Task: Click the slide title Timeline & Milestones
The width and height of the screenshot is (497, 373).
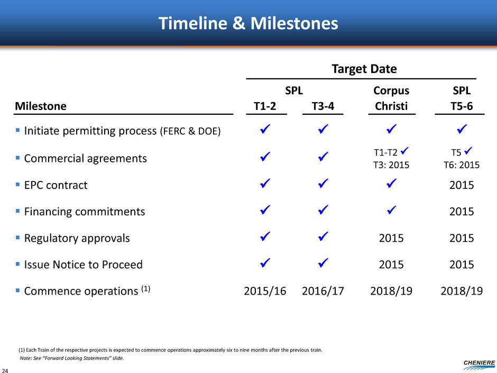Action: (x=248, y=23)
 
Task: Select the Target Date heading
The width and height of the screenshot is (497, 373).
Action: (x=364, y=69)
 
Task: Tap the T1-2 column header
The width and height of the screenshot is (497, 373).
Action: (x=265, y=106)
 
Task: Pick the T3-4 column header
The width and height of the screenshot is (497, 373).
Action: (x=323, y=106)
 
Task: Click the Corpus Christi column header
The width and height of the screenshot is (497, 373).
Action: (x=391, y=98)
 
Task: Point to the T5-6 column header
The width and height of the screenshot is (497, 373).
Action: (x=462, y=106)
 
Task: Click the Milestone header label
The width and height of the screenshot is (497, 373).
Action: (x=41, y=106)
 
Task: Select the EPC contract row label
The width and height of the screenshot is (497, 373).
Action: (x=56, y=185)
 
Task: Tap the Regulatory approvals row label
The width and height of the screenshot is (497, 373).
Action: (x=77, y=238)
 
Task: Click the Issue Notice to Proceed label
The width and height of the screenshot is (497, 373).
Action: (x=84, y=265)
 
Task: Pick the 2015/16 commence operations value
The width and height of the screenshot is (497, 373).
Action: (x=265, y=291)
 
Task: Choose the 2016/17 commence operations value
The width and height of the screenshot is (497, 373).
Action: (x=323, y=291)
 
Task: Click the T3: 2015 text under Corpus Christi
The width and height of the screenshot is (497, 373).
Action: (x=391, y=165)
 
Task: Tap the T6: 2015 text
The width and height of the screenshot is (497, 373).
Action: (x=462, y=165)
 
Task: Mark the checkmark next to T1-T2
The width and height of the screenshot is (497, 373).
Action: (x=404, y=151)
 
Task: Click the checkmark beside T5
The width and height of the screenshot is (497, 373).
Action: (x=468, y=151)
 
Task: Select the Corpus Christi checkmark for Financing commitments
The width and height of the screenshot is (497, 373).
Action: (x=391, y=210)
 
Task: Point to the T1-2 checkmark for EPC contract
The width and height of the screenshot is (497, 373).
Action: (x=265, y=184)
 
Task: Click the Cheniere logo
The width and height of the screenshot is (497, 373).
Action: (x=479, y=365)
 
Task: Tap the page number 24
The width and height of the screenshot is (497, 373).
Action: (x=5, y=370)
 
